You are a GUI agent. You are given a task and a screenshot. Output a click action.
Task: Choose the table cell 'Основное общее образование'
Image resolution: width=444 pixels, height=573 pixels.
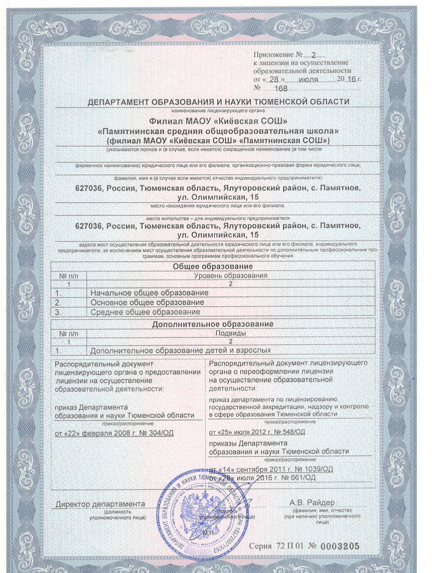pos(147,303)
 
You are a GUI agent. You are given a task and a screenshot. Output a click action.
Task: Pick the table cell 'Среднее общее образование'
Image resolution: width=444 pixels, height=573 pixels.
pos(145,312)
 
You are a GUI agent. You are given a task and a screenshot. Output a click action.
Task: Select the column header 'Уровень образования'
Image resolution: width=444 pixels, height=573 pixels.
pos(230,275)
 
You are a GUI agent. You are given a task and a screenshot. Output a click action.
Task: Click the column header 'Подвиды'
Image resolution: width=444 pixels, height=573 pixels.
pos(230,333)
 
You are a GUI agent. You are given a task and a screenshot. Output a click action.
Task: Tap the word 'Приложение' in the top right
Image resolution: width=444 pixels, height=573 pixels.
pos(274,54)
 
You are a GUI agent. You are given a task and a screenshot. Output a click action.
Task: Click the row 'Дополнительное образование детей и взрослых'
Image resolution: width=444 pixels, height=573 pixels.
pos(181,351)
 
